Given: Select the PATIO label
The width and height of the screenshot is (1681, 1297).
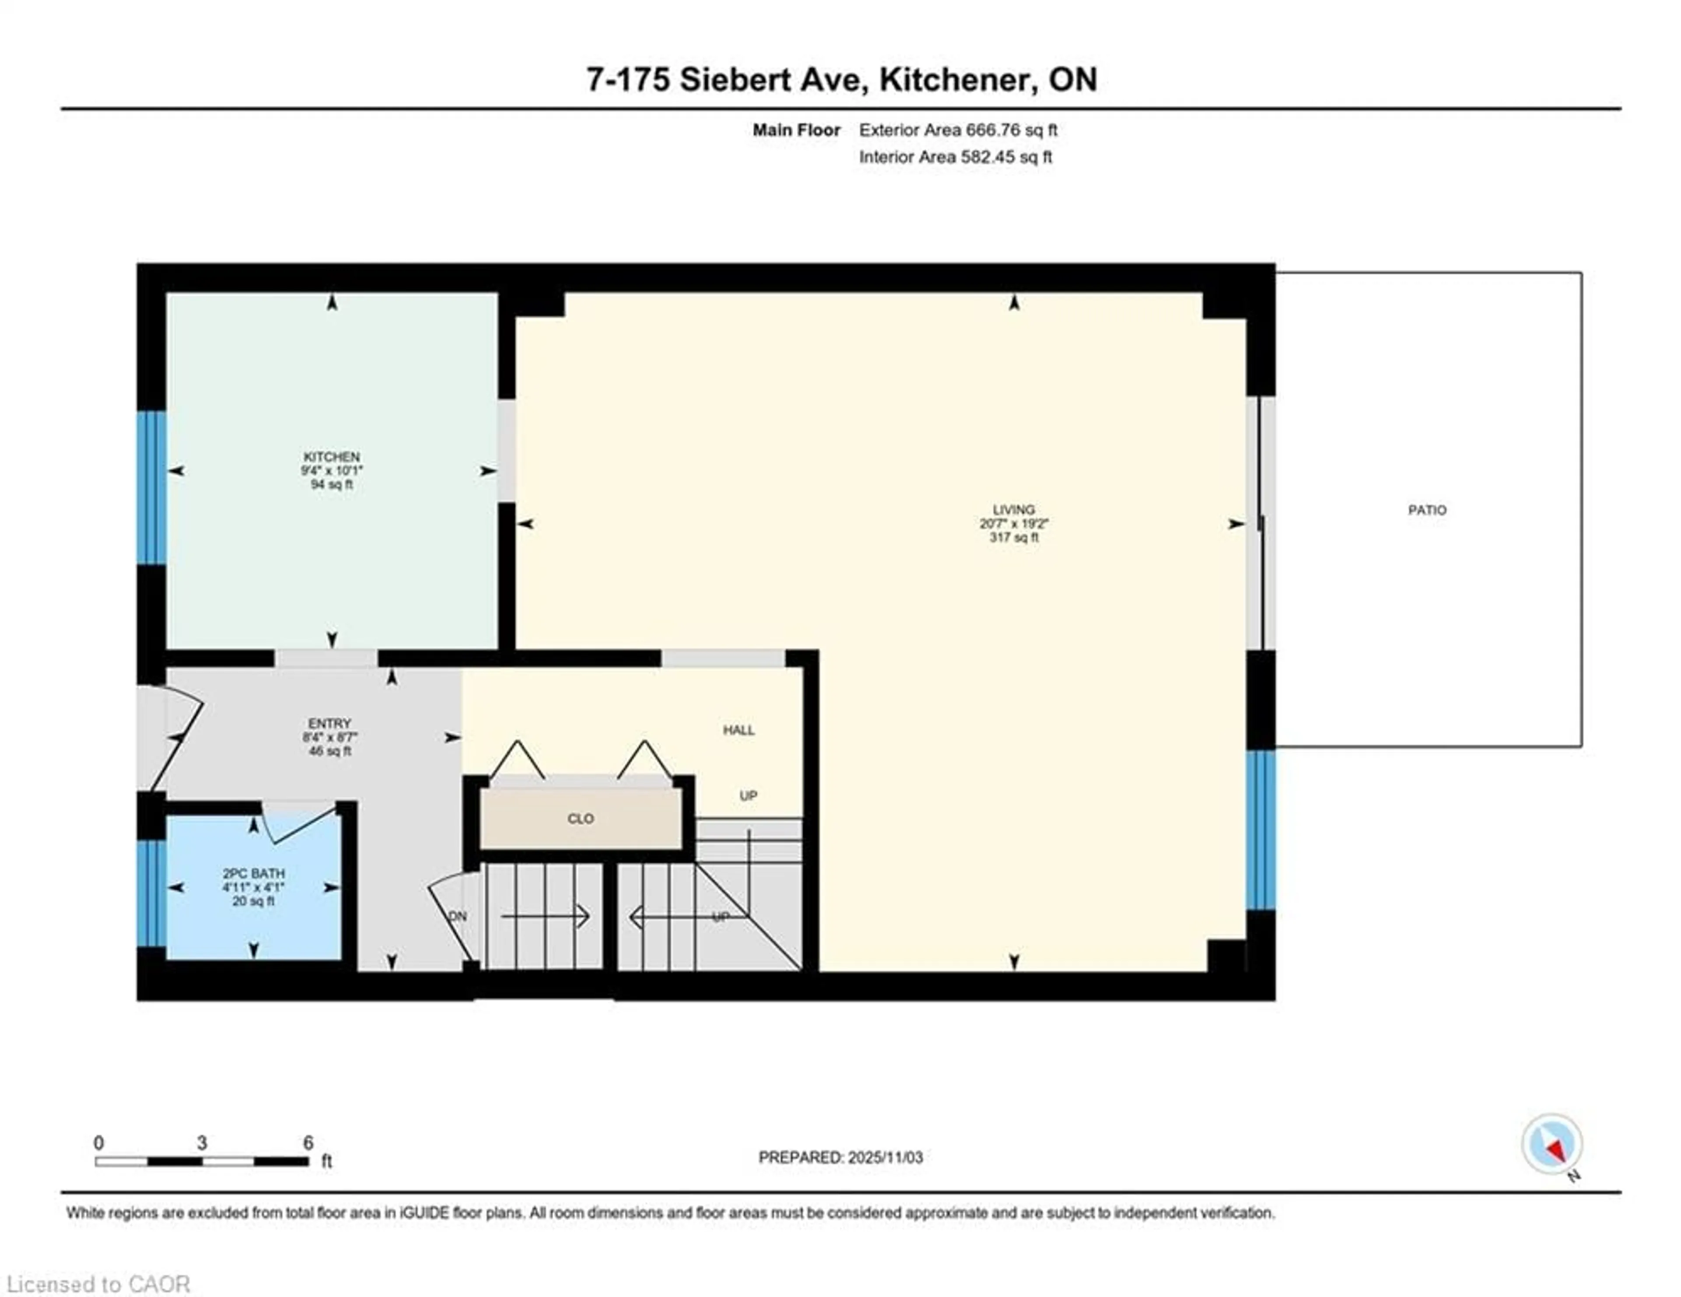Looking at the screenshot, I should tap(1427, 510).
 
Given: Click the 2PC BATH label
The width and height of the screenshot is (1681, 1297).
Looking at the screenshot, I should tap(253, 873).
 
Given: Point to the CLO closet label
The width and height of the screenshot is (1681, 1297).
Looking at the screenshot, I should tap(580, 819).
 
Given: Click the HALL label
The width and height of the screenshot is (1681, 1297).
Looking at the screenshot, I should tap(738, 730).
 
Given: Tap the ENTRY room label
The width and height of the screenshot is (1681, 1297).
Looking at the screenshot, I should tap(330, 723).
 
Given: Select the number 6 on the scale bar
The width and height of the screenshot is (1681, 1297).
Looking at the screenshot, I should tap(308, 1143).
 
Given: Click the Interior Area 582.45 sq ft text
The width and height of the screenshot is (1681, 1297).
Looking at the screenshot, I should tap(955, 157).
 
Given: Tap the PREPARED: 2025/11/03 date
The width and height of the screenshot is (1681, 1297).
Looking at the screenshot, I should tap(840, 1157).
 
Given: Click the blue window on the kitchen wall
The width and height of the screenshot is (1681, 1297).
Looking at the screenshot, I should tap(151, 488).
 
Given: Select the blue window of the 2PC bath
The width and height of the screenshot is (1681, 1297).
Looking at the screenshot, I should tap(151, 892).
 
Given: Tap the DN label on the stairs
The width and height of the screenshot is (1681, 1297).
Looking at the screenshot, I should tap(458, 916).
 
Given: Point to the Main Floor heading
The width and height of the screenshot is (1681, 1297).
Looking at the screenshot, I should tap(796, 130).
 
